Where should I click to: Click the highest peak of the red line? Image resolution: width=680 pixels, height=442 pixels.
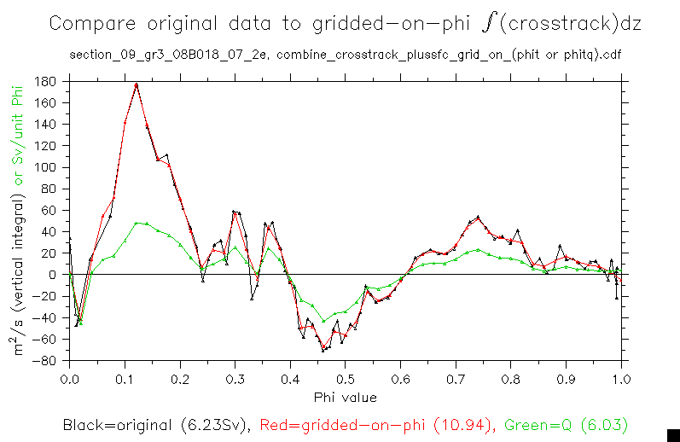(137, 84)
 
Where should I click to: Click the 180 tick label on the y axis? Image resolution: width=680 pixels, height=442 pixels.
(46, 82)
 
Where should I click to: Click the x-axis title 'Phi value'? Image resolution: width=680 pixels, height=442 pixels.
(345, 397)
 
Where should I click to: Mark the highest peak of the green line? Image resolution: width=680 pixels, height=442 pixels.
(137, 223)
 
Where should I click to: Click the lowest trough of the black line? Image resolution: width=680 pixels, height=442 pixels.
(323, 350)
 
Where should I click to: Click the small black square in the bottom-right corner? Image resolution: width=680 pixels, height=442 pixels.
(672, 434)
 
